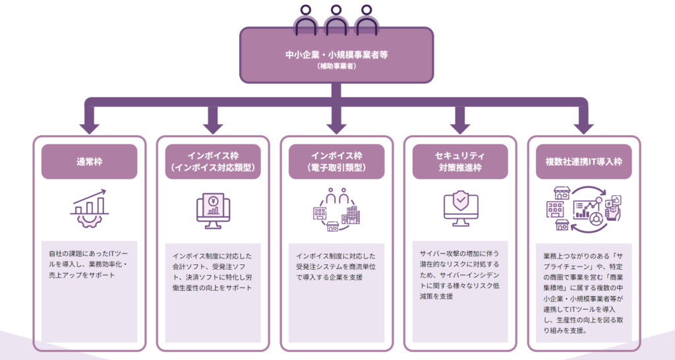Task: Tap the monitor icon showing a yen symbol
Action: coord(213,210)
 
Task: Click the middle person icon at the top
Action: coord(337,20)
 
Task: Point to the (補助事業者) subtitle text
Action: coord(337,66)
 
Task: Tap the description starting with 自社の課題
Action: coord(89,263)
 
